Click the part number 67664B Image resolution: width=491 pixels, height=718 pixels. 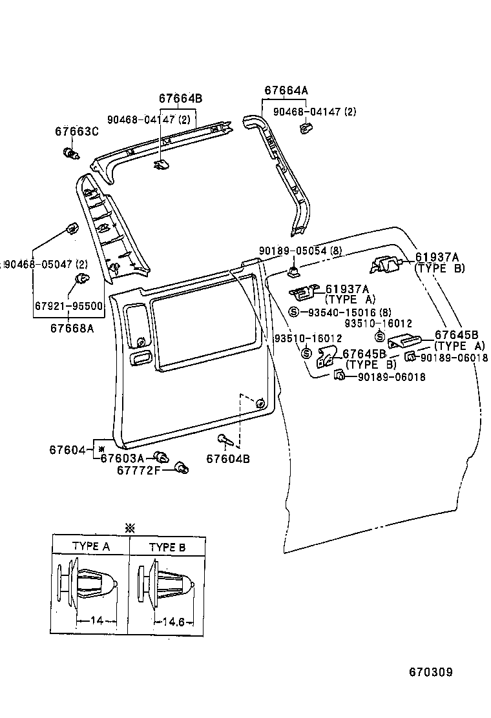pyautogui.click(x=180, y=99)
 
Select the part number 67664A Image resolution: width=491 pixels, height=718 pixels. pyautogui.click(x=286, y=90)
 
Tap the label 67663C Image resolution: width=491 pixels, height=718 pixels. pyautogui.click(x=76, y=132)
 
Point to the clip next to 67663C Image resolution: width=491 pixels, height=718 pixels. pyautogui.click(x=70, y=154)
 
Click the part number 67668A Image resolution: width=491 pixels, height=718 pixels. pyautogui.click(x=72, y=327)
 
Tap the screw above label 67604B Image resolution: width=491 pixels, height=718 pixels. pyautogui.click(x=224, y=440)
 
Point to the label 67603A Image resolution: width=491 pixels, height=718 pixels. pyautogui.click(x=122, y=458)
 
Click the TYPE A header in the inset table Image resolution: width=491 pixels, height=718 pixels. pyautogui.click(x=90, y=546)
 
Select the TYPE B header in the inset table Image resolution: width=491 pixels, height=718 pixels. pyautogui.click(x=167, y=547)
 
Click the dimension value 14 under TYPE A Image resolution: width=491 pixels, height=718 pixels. pyautogui.click(x=96, y=621)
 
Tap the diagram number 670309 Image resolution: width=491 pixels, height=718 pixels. pyautogui.click(x=430, y=672)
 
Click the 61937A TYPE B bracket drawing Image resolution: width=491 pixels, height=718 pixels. pyautogui.click(x=386, y=263)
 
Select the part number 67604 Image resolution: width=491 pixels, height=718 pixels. pyautogui.click(x=67, y=449)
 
